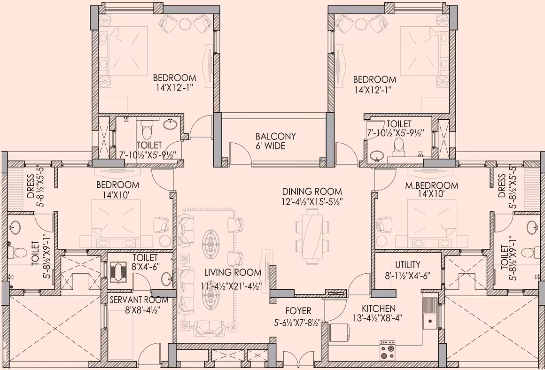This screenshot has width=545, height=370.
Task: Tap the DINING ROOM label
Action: [312, 192]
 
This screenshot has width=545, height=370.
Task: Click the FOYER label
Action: [298, 310]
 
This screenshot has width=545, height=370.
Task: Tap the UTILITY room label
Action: [407, 265]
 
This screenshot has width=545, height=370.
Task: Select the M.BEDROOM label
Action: [432, 185]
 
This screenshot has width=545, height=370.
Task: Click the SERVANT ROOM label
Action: [139, 300]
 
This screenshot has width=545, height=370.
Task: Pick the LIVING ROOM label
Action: [233, 272]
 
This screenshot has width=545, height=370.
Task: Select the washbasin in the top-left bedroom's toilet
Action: [170, 123]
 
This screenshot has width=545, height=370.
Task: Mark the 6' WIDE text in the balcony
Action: [271, 146]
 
